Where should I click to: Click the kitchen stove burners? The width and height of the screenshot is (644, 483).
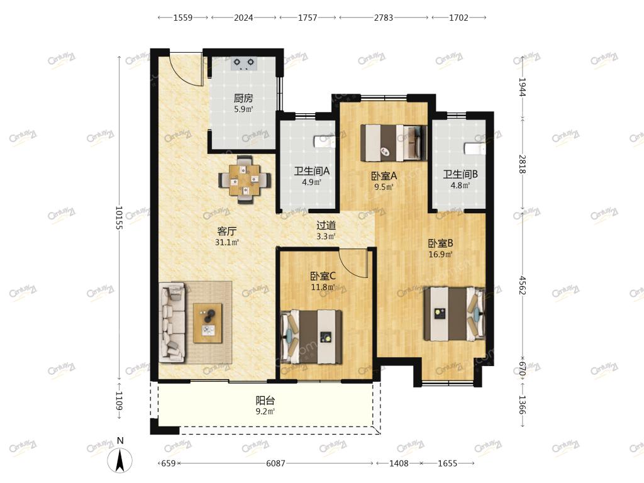[x=243, y=63]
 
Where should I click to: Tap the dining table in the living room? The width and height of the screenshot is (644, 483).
[x=245, y=179]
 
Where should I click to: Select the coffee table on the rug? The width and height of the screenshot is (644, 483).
[x=208, y=323]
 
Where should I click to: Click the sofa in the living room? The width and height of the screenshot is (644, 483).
[x=172, y=323]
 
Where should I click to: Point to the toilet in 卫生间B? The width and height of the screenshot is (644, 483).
[x=475, y=148]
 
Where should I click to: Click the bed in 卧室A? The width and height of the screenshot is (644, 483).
[x=394, y=143]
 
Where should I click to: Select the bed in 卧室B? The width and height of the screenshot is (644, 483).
[x=454, y=314]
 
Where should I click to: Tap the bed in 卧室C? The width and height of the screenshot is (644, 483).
[x=311, y=337]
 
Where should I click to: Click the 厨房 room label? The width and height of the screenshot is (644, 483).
[x=243, y=98]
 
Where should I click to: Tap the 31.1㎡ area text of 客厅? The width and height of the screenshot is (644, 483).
[x=226, y=242]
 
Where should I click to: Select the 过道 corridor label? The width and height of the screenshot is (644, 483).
[x=326, y=225]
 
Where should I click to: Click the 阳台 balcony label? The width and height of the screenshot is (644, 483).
[x=265, y=401]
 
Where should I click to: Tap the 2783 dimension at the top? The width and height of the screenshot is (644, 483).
[x=383, y=18]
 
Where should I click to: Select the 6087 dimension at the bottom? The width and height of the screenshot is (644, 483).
[x=275, y=464]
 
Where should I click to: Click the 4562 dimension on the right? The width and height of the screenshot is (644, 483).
[x=521, y=285]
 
